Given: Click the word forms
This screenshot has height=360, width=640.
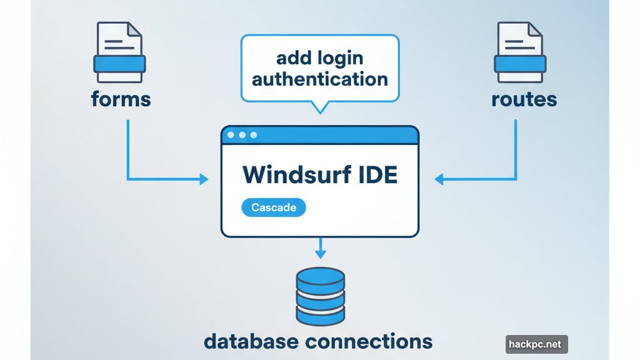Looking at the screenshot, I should pyautogui.click(x=121, y=99).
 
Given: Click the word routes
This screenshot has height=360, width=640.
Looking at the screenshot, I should pyautogui.click(x=524, y=99).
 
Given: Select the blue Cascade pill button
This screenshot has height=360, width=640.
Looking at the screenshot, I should pyautogui.click(x=273, y=207).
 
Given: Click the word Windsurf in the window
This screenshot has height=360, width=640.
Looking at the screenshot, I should pyautogui.click(x=292, y=174).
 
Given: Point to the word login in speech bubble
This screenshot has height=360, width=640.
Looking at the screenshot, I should pyautogui.click(x=338, y=59).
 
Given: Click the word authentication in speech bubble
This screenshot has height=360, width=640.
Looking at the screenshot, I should pyautogui.click(x=319, y=80).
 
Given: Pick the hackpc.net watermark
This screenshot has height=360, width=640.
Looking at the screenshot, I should pyautogui.click(x=536, y=344).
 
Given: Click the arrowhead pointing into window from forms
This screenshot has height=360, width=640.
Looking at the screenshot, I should pyautogui.click(x=204, y=180).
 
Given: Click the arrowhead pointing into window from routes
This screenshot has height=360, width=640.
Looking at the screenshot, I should pyautogui.click(x=439, y=180).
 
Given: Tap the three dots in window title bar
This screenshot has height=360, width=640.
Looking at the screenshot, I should pyautogui.click(x=242, y=135).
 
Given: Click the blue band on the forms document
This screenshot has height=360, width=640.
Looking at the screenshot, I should pyautogui.click(x=119, y=64).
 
